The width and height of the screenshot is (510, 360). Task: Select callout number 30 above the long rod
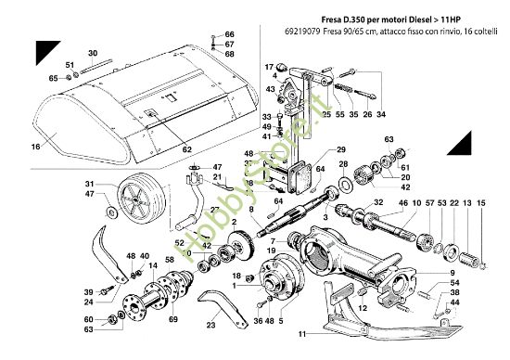click(91, 54)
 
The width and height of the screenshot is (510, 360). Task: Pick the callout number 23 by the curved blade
click(211, 326)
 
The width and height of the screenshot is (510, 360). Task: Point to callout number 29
click(341, 149)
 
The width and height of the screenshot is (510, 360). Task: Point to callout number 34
click(382, 114)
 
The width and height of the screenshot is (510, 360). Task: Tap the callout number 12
click(363, 306)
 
